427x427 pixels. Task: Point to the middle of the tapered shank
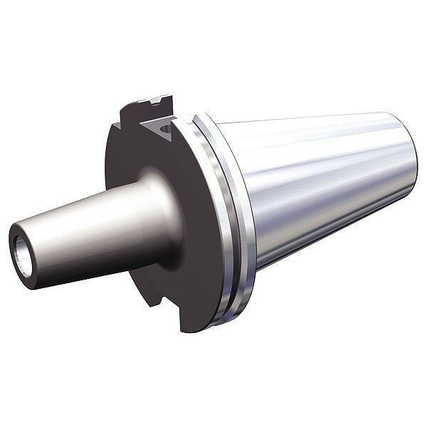[x=320, y=192]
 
